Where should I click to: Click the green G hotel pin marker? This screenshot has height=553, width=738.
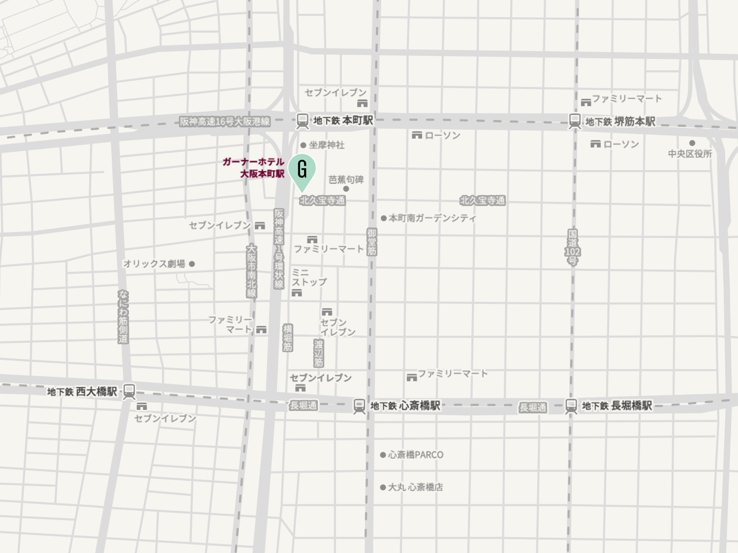point(302,170)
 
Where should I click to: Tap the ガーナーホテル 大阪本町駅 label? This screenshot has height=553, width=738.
point(254,168)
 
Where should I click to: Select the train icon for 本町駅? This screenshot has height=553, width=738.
point(302,120)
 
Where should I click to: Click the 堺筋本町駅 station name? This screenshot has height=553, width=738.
point(635,121)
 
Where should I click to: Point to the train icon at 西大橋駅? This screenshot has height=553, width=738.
point(129,392)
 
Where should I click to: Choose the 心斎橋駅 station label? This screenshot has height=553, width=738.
point(419,406)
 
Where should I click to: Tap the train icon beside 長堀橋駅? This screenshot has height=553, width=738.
point(571,406)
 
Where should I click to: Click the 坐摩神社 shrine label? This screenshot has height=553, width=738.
point(327,145)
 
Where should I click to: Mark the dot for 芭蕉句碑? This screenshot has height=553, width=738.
point(346,189)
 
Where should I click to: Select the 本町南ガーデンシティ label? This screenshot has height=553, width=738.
point(432,218)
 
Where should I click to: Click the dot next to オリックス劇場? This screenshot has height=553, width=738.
point(192,264)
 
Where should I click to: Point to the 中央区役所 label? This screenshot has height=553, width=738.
point(690,154)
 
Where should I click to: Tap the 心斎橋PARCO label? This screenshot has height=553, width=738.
point(416,455)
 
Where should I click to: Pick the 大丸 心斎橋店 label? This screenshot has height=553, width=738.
point(415,487)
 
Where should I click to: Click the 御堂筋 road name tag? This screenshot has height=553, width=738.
point(371,242)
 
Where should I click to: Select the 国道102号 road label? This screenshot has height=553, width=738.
point(572,247)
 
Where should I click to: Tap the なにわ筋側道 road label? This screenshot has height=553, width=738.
point(123,317)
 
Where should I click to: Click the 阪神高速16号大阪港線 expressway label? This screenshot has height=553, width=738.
point(225,121)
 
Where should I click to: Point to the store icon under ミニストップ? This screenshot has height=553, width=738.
point(296,293)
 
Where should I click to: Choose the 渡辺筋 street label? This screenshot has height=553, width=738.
point(318,353)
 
